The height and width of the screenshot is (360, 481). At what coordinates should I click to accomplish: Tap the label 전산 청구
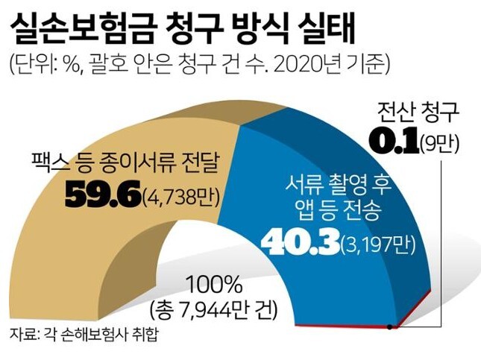click(x=420, y=113)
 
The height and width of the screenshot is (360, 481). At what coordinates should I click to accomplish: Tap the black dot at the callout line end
click(x=390, y=326)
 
